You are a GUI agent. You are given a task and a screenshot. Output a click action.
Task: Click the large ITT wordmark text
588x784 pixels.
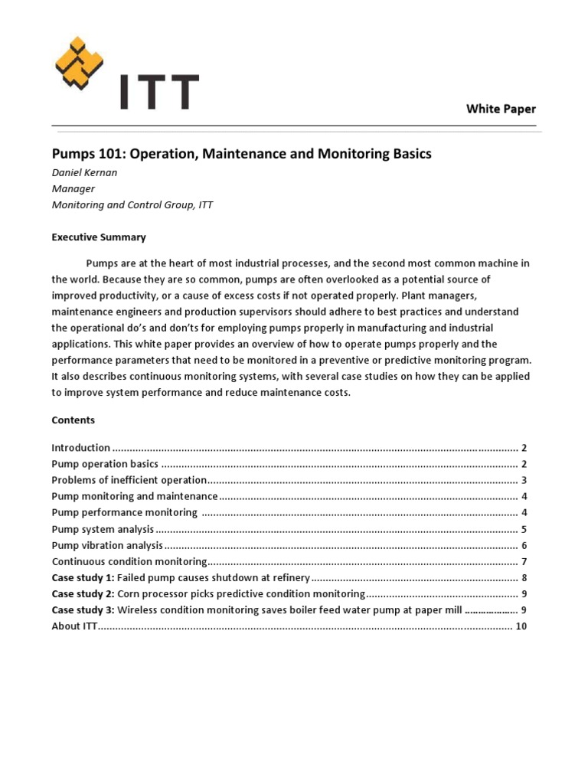tap(158, 92)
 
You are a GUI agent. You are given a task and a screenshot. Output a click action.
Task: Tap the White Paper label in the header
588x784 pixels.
tap(501, 109)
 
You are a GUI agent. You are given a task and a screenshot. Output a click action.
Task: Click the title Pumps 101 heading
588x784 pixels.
tap(241, 154)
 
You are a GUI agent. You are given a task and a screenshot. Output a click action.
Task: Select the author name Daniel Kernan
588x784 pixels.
tap(85, 173)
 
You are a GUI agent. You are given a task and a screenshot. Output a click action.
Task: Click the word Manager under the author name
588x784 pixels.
tap(73, 188)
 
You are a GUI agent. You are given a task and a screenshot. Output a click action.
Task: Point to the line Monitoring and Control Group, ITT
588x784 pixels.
tap(132, 204)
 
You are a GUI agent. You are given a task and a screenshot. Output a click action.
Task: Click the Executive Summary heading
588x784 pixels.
tap(98, 237)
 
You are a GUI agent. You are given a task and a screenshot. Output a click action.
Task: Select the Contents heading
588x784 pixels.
tap(73, 420)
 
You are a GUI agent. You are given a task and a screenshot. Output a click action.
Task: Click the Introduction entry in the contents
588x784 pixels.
tap(81, 448)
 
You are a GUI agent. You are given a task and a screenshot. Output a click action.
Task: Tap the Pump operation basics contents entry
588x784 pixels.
tap(105, 464)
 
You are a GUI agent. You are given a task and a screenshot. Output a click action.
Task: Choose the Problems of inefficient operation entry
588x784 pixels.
tap(129, 480)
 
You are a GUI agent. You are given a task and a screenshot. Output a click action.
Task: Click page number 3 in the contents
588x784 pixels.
tap(524, 480)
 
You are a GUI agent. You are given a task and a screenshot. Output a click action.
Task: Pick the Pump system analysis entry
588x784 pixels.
tap(103, 529)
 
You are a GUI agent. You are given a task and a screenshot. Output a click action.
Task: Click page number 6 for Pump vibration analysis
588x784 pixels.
tap(524, 545)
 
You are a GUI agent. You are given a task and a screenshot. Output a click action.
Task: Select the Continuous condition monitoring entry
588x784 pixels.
tap(129, 561)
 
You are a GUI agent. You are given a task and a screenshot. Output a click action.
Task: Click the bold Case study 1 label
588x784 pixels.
tap(83, 577)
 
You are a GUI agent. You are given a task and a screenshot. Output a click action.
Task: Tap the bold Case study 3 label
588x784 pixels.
tap(83, 610)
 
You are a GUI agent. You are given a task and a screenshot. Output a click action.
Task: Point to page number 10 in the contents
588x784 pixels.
tap(521, 626)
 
